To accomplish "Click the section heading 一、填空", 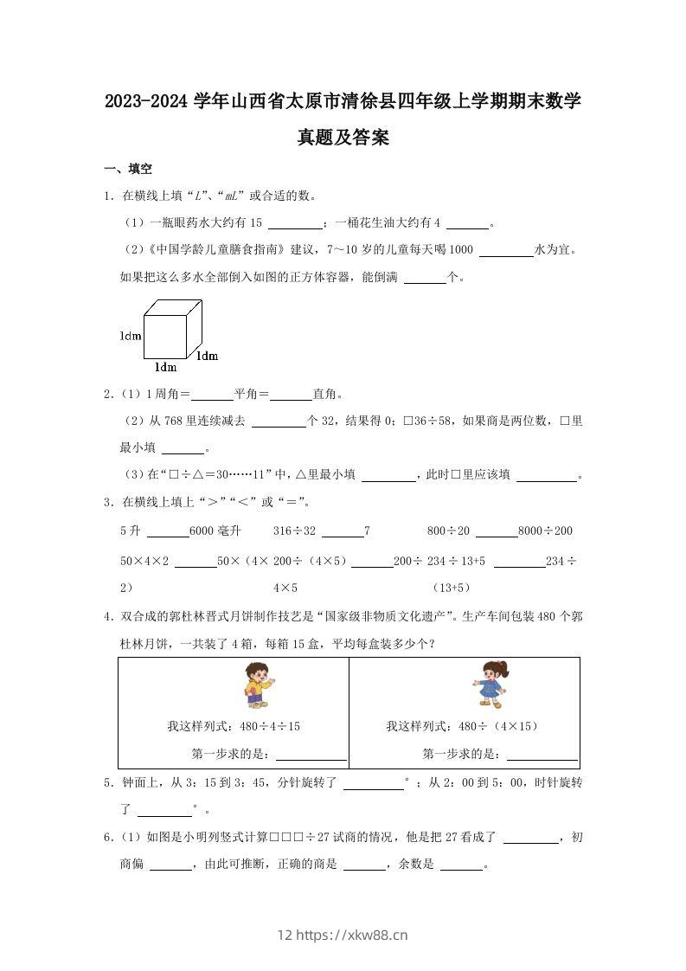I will [128, 169].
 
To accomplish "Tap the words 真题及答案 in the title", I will [343, 138].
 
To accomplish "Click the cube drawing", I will [172, 328].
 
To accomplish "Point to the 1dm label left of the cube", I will [131, 335].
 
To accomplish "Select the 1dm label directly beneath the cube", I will [164, 367].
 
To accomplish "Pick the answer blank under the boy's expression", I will [310, 754].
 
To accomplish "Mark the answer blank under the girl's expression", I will [542, 754].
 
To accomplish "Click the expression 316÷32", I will [295, 531].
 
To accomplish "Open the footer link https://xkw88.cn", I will [351, 935].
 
